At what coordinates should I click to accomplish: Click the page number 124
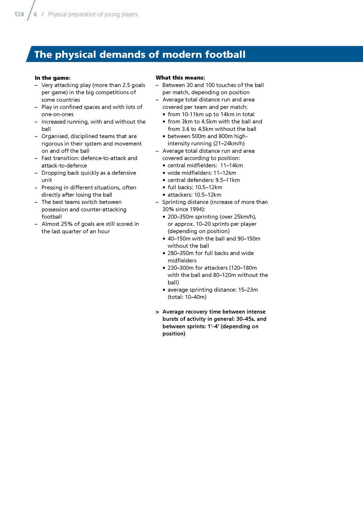click(19, 14)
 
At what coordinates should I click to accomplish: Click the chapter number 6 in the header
click(35, 14)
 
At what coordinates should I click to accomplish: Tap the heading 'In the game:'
click(52, 78)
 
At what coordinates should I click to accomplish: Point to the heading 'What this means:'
click(180, 78)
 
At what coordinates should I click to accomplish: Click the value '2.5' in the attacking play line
click(126, 85)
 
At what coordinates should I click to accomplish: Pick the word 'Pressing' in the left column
click(52, 187)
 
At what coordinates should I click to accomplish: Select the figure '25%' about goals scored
click(67, 224)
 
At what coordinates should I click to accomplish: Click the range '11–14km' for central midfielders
click(232, 165)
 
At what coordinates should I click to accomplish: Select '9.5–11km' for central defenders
click(227, 180)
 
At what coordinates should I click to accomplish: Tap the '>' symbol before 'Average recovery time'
click(157, 312)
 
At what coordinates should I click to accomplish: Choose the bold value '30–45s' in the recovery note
click(245, 319)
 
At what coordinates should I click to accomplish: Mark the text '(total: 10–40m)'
click(187, 297)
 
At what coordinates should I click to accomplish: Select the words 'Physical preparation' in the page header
click(71, 14)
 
